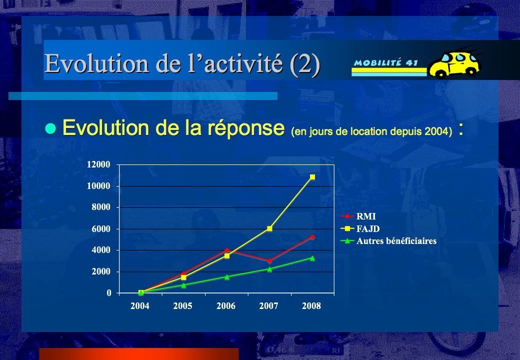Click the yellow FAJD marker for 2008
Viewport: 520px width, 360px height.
click(x=312, y=177)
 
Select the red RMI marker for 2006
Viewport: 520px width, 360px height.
click(x=227, y=250)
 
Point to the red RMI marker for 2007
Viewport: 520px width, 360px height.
click(x=269, y=261)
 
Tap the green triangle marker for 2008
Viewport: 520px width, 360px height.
click(x=312, y=258)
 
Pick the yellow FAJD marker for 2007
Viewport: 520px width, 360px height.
click(x=269, y=228)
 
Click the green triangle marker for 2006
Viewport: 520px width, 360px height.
click(x=227, y=277)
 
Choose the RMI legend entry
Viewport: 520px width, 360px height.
click(x=358, y=216)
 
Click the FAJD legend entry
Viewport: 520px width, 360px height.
click(x=360, y=228)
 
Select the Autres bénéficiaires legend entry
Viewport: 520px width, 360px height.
click(x=388, y=241)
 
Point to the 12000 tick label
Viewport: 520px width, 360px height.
click(x=98, y=164)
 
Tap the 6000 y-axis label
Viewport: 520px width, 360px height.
click(x=101, y=228)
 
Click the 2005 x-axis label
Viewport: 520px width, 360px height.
click(x=182, y=305)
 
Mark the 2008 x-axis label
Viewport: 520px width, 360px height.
click(x=311, y=305)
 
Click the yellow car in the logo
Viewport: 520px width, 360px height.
click(x=454, y=63)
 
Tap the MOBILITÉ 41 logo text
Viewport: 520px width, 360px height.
click(x=385, y=62)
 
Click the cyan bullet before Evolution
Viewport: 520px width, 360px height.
click(x=50, y=128)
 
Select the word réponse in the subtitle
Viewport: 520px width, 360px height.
click(x=246, y=128)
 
